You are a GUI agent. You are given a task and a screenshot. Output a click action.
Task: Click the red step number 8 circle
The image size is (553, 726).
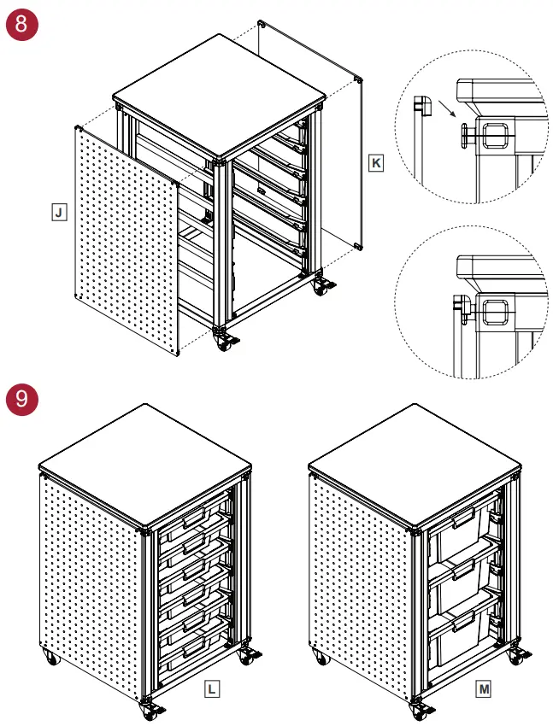tap(21, 24)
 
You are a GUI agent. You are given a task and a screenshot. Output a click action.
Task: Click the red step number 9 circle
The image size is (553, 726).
tap(21, 397)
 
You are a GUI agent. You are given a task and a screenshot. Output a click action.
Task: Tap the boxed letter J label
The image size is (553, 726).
tap(58, 212)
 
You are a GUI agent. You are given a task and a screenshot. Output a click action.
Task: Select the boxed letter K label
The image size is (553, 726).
tap(376, 162)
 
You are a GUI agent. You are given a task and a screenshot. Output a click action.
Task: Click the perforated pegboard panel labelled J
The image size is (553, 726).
tap(128, 239)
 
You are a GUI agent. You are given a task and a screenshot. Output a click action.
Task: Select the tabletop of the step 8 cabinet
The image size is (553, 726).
tap(218, 85)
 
